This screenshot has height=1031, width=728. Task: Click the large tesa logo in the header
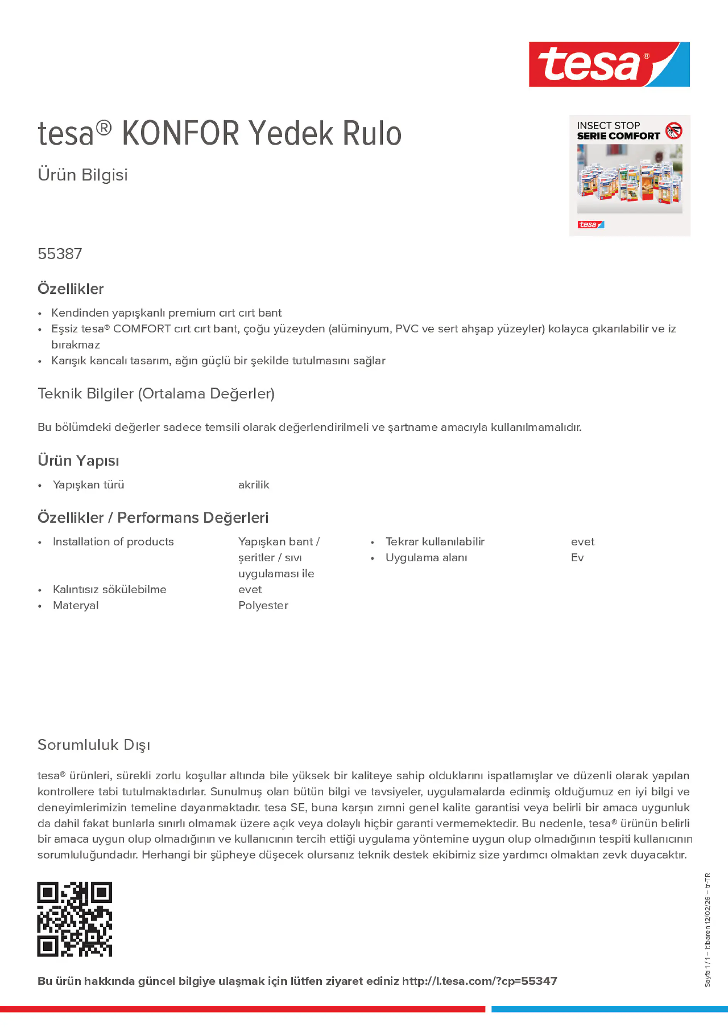point(609,65)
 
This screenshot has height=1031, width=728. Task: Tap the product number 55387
point(60,254)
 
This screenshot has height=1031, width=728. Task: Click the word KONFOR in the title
point(181,134)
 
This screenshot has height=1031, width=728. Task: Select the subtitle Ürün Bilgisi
point(83,175)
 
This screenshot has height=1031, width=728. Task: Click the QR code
point(74,919)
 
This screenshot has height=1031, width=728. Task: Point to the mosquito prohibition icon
point(674,131)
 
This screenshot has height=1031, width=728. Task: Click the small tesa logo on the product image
point(590,225)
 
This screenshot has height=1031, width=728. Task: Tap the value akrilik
point(253,485)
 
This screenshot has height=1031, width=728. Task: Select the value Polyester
point(263,605)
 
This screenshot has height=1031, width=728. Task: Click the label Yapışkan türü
point(88,485)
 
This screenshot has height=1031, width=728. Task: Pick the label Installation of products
point(113,542)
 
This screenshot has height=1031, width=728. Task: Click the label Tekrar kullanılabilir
point(435,542)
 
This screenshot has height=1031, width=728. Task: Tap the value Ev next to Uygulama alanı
point(577,558)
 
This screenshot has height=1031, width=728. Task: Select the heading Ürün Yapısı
point(79,461)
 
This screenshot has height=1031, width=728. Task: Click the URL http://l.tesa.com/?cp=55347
point(479,981)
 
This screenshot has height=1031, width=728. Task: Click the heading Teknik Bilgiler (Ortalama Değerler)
point(156,394)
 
